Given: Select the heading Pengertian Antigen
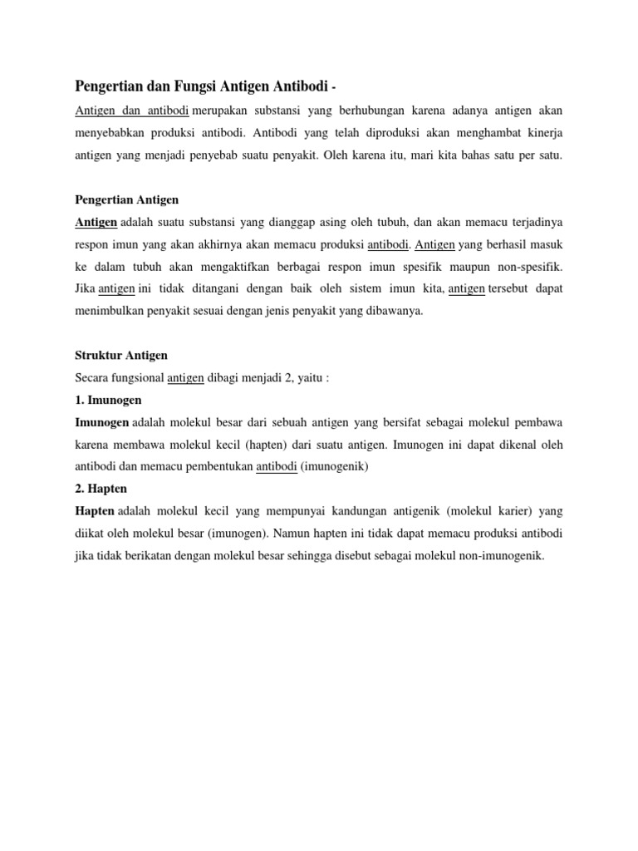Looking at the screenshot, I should pos(126,200).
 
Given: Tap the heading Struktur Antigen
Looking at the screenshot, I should pos(120,355).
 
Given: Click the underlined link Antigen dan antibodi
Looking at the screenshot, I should pos(132,111).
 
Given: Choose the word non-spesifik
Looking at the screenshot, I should pos(528,268).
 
